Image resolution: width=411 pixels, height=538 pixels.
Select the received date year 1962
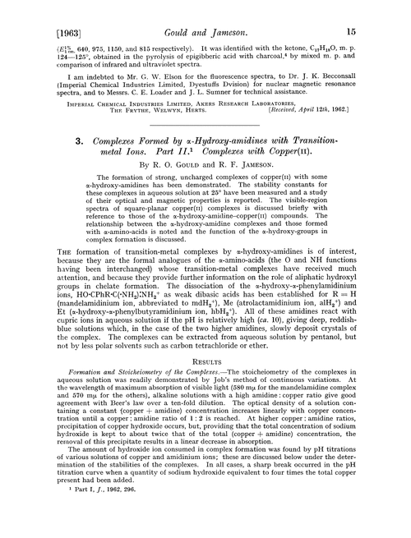(x=368, y=135)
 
